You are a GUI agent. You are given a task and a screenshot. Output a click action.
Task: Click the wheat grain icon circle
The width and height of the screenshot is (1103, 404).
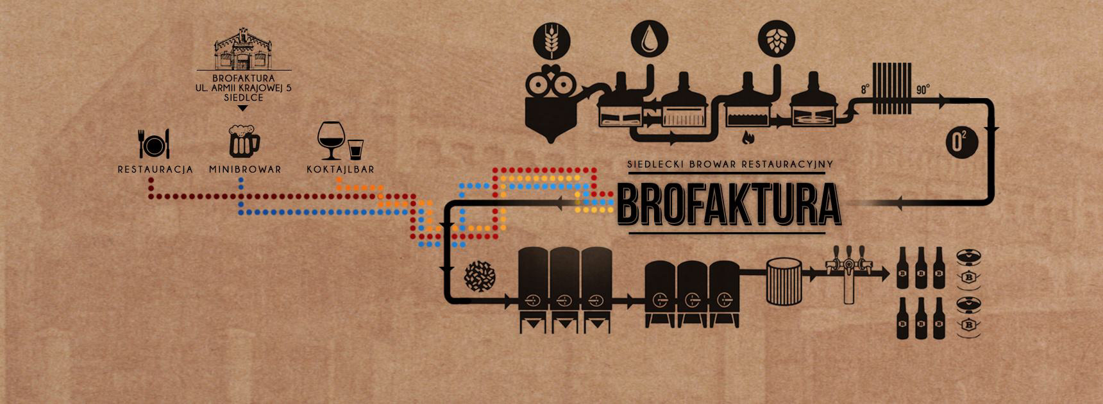[x=550, y=38]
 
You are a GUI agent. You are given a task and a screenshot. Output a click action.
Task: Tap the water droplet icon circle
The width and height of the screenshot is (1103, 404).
[x=648, y=38]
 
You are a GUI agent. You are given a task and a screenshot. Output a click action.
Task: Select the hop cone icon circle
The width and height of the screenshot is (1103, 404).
[x=775, y=38]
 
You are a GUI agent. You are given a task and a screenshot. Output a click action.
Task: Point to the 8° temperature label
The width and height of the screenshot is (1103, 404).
[x=864, y=90]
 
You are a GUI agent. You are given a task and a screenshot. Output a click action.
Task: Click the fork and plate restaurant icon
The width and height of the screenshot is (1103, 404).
[x=154, y=144]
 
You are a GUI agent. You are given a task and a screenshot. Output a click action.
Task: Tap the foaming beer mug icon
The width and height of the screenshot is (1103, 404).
[x=244, y=141]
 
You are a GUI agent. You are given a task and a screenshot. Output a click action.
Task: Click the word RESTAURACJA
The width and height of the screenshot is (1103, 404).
[x=155, y=170]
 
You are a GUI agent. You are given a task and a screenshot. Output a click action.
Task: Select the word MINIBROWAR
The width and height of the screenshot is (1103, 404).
[x=245, y=170]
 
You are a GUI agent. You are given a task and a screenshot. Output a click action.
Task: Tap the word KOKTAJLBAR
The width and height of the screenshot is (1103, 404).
[x=340, y=170]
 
